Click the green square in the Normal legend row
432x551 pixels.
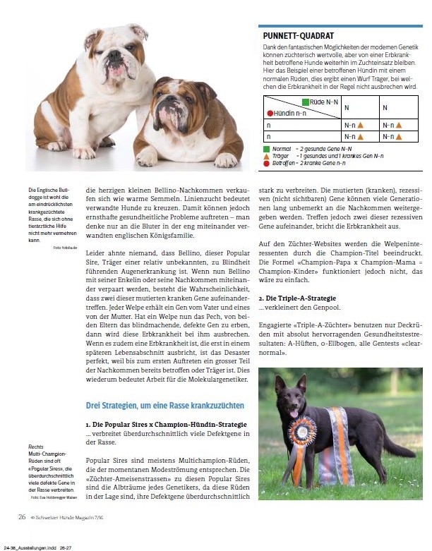(x=265, y=150)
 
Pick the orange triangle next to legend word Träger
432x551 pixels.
(x=265, y=156)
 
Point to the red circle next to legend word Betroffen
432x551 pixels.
(x=265, y=162)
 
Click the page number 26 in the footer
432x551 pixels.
(x=23, y=517)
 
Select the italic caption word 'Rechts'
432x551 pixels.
(x=36, y=447)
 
